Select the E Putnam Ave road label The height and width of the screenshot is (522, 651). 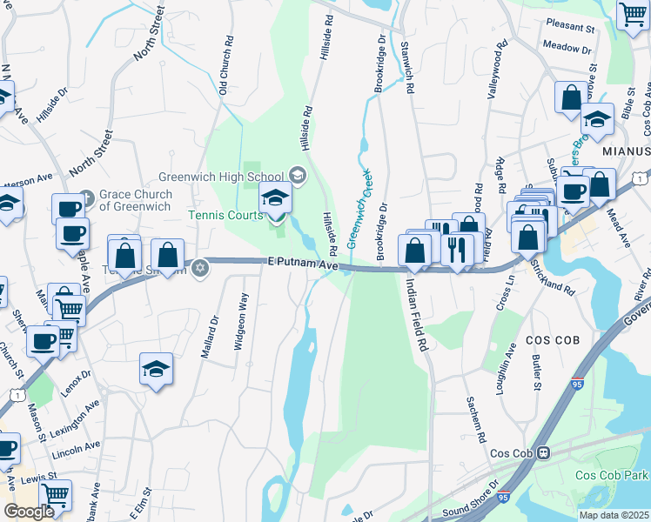[301, 263]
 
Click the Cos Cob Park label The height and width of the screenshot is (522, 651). [612, 476]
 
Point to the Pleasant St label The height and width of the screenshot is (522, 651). [569, 27]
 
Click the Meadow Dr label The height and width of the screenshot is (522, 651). [567, 45]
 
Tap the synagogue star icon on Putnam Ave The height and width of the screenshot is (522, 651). [200, 267]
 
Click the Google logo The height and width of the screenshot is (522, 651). [29, 511]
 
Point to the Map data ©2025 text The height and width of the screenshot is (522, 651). [614, 515]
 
